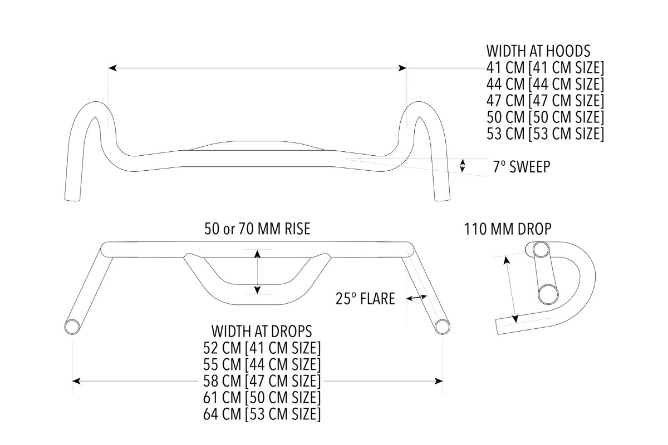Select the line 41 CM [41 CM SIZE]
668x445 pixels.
coord(545,68)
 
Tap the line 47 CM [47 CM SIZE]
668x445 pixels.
coord(545,101)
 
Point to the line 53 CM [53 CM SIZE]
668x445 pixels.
coord(545,134)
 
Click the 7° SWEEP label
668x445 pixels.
coord(522,167)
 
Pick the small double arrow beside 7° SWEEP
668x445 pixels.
coord(462,165)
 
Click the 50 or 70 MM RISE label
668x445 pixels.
coord(257,229)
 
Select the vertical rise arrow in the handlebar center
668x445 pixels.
coord(257,272)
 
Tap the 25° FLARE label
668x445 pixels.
coord(365,299)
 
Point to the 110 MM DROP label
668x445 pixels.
coord(508,229)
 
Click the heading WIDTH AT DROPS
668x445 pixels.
coord(262,332)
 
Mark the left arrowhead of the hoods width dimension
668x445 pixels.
coord(112,68)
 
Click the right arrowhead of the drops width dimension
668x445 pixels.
coord(439,381)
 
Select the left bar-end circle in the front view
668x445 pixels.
coord(72,326)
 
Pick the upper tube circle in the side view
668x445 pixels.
coord(540,250)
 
